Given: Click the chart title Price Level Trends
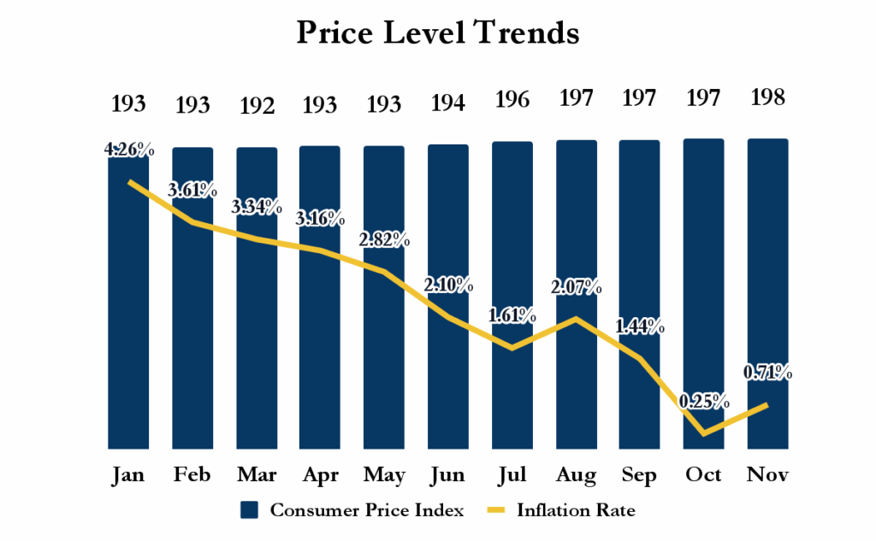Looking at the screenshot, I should pyautogui.click(x=438, y=33).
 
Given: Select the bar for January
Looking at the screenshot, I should pyautogui.click(x=129, y=342).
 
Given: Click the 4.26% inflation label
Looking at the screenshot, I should pyautogui.click(x=129, y=151).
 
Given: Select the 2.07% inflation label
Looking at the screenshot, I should pyautogui.click(x=577, y=286).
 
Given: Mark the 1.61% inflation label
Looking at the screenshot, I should pyautogui.click(x=512, y=316).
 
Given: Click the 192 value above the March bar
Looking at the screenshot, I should pyautogui.click(x=257, y=106).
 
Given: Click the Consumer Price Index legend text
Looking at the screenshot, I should pyautogui.click(x=367, y=511).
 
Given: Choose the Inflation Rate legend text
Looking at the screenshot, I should pyautogui.click(x=576, y=511).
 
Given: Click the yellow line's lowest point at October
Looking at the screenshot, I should pyautogui.click(x=703, y=433).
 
